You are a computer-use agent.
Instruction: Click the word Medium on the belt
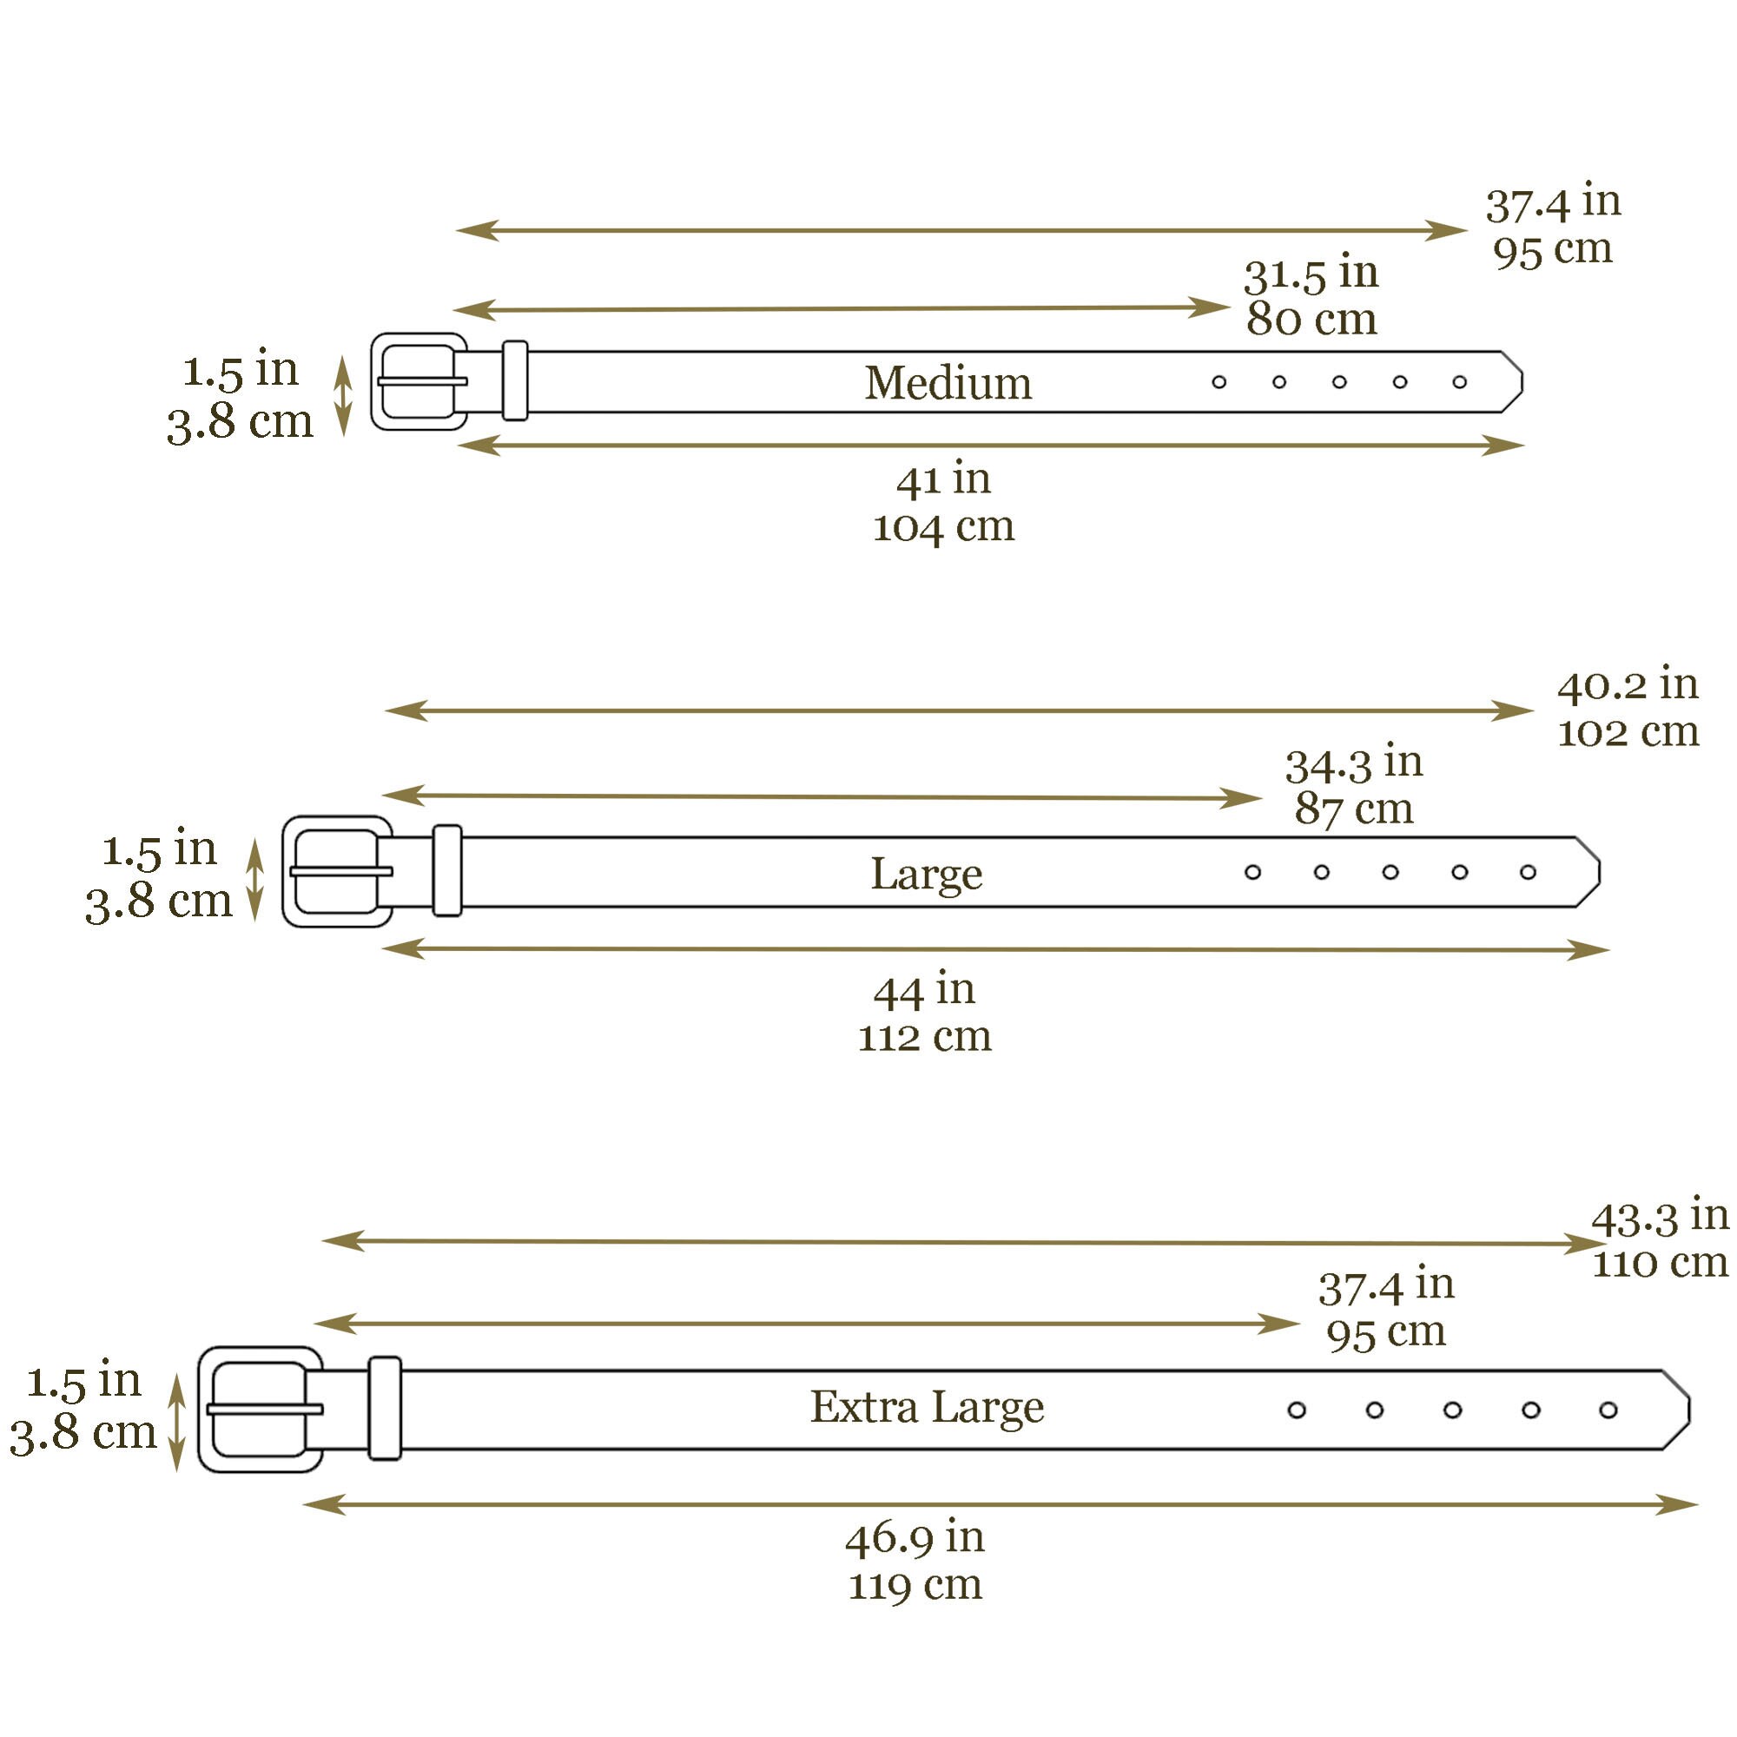(x=948, y=383)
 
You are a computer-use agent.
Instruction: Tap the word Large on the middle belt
(x=926, y=874)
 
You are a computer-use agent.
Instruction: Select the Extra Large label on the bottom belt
(x=927, y=1407)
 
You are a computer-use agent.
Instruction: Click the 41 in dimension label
(x=943, y=479)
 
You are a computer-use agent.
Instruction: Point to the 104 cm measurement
(x=943, y=526)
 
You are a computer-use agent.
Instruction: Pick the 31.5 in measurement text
(x=1311, y=274)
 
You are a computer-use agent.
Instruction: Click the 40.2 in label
(x=1628, y=685)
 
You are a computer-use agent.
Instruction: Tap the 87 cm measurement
(x=1353, y=809)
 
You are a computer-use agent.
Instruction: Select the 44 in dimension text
(x=924, y=990)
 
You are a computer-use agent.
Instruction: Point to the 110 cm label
(x=1660, y=1262)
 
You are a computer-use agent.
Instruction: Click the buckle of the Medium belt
(x=419, y=381)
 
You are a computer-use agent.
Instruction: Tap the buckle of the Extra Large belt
(x=260, y=1409)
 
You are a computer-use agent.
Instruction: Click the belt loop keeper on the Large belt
(x=446, y=870)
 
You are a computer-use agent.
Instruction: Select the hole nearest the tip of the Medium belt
(x=1459, y=382)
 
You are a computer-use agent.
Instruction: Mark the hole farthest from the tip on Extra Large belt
(x=1296, y=1410)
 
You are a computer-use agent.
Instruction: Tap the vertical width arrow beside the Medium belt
(x=342, y=395)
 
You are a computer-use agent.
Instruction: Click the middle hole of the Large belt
(x=1390, y=872)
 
